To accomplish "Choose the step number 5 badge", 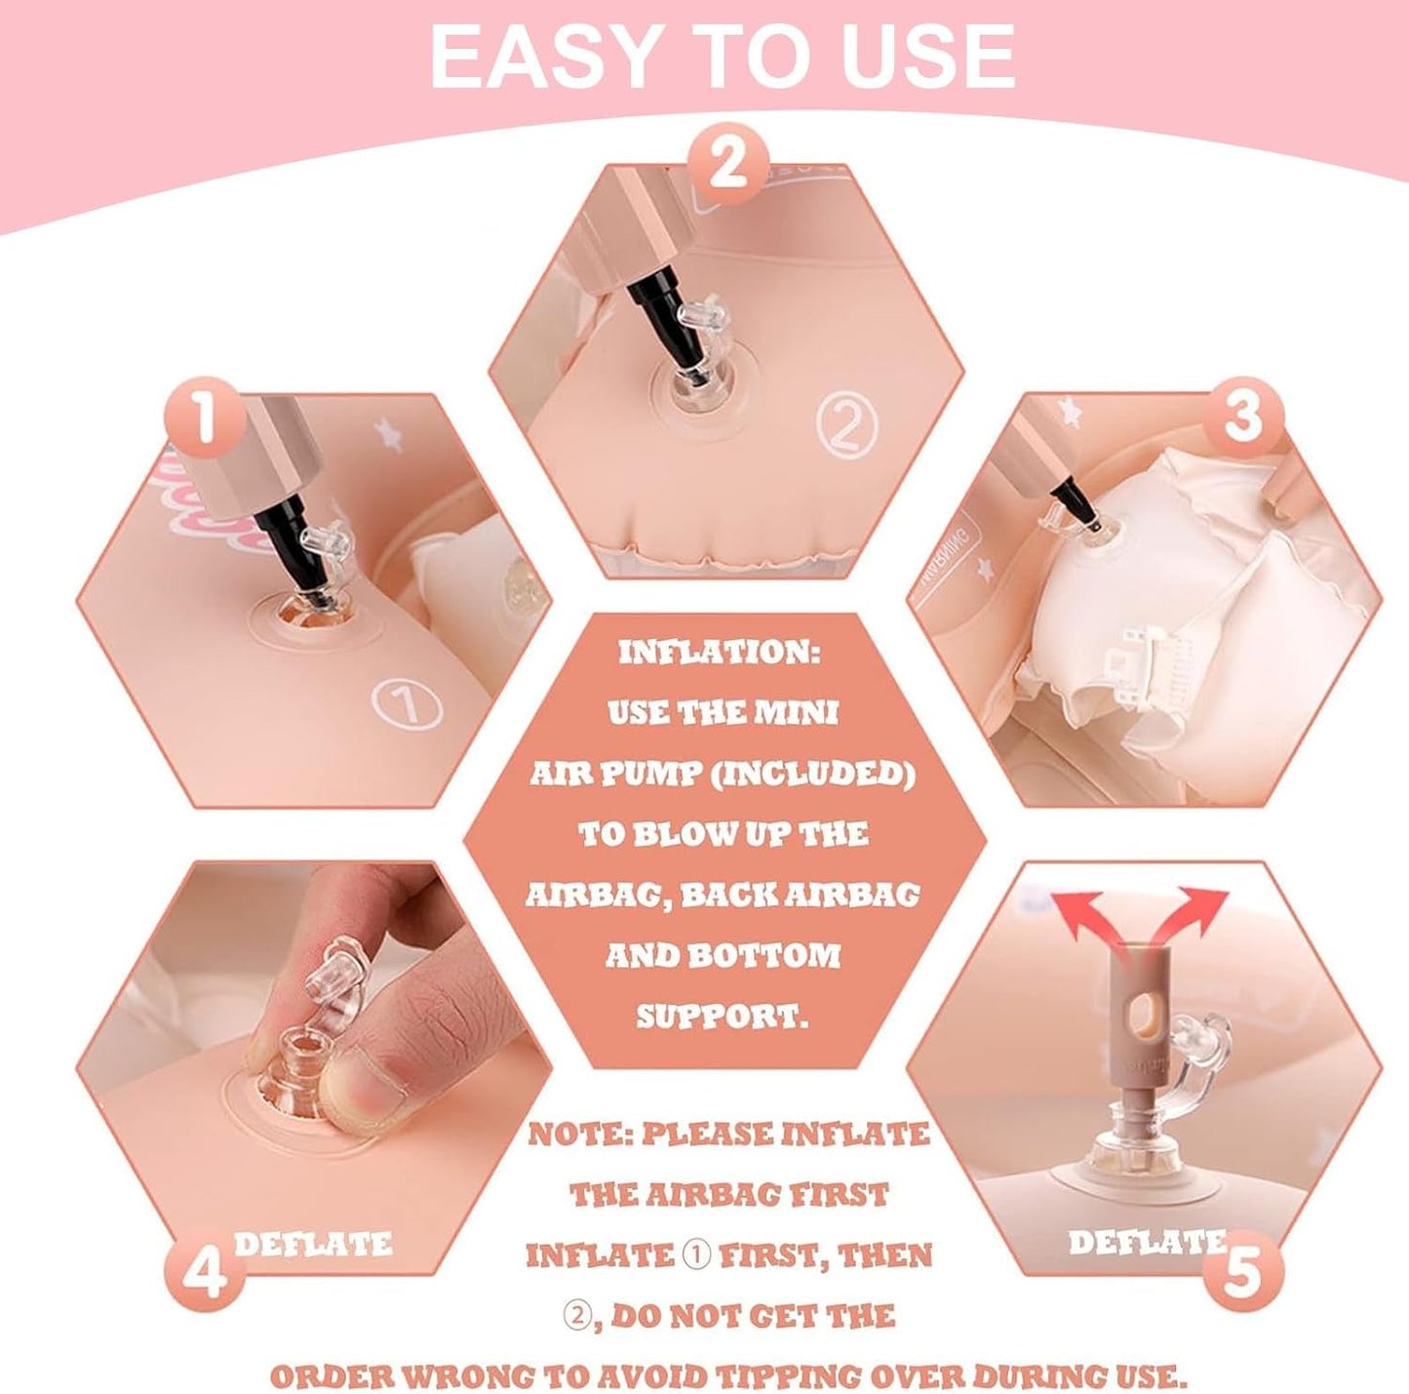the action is coord(1241,1272).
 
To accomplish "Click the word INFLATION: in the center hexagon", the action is coord(721,654).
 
